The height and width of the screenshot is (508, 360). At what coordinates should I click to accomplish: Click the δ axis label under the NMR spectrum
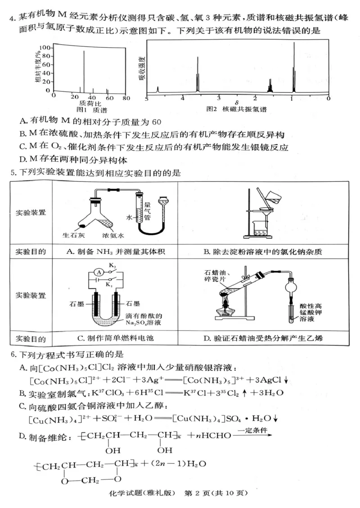tap(236, 102)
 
